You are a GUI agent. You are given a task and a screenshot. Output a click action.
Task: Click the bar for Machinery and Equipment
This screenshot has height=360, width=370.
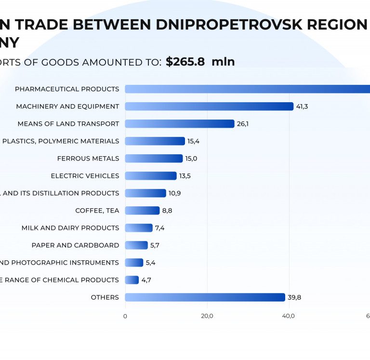[209, 107]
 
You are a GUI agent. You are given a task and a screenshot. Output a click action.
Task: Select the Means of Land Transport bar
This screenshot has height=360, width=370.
[180, 124]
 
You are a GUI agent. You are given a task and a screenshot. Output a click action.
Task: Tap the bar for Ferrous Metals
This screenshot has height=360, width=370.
[154, 159]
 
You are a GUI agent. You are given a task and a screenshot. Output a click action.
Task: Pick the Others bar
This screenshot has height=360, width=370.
[205, 297]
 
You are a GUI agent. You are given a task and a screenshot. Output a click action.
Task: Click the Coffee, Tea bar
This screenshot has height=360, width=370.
[142, 211]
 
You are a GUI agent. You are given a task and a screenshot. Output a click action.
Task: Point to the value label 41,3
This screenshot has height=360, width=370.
[302, 107]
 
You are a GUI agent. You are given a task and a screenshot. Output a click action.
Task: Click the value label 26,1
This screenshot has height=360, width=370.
[242, 124]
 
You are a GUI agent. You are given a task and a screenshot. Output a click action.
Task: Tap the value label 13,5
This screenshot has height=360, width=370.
[185, 176]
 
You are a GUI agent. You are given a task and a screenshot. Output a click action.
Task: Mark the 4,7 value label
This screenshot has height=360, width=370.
[146, 280]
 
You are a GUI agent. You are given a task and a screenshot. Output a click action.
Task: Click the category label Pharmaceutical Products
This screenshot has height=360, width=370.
[67, 89]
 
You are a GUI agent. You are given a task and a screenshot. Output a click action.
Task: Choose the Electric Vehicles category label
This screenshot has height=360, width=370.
[85, 176]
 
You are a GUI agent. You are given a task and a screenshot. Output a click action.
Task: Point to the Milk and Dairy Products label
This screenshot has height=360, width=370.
[70, 228]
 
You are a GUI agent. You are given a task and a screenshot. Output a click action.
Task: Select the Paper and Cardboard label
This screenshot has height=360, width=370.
[75, 245]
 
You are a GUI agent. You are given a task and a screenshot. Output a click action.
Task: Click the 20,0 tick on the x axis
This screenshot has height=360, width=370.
[207, 316]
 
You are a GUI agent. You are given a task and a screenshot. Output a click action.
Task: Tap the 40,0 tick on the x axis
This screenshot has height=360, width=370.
[289, 316]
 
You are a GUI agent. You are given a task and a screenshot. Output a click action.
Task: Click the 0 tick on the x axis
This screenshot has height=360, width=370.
[125, 316]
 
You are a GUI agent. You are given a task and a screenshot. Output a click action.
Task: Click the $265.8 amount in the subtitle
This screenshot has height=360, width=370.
[185, 62]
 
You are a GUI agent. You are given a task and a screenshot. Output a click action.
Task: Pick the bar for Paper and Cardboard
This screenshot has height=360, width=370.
[136, 245]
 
